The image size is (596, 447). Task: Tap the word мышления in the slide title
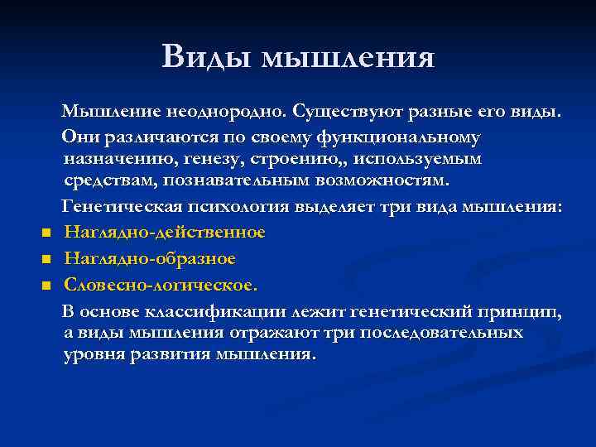[x=348, y=58]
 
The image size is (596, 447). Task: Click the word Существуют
[x=344, y=112]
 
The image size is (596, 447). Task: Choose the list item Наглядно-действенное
[x=165, y=232]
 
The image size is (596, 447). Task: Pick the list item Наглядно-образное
[x=150, y=258]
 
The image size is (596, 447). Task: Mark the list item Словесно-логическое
[x=161, y=285]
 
